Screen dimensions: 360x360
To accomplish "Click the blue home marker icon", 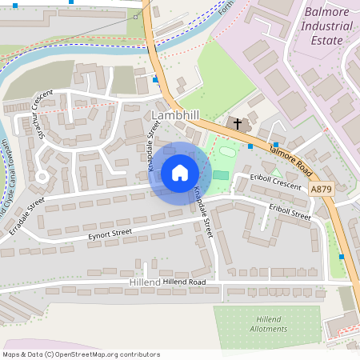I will (180, 173).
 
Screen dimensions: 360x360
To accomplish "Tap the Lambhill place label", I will (174, 117).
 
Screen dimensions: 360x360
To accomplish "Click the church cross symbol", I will (237, 123).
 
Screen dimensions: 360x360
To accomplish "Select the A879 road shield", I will (320, 189).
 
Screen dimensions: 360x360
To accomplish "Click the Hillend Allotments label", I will (269, 324).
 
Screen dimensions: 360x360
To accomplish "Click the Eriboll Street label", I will (290, 211).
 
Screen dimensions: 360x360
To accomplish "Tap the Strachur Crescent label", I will (36, 114).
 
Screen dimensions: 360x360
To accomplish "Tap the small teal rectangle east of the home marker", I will (220, 175).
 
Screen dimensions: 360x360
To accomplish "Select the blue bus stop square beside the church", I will (250, 146).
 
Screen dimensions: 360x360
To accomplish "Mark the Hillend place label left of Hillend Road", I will (144, 283).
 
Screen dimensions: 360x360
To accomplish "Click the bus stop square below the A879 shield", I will (342, 256).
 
